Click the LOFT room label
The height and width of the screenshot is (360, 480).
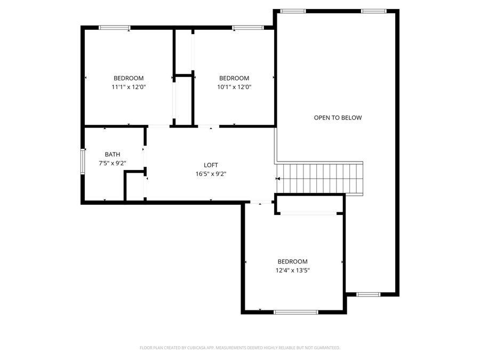point(211,165)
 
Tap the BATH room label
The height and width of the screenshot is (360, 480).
point(113,154)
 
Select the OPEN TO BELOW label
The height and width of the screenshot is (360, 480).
point(338,117)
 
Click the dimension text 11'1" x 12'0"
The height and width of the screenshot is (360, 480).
point(128,87)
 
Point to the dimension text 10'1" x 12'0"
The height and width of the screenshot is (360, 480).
point(234,87)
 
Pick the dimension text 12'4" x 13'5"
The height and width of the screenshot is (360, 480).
point(292,270)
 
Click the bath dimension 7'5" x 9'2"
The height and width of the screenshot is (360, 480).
point(113,163)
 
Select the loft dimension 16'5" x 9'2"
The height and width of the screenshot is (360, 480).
point(211,174)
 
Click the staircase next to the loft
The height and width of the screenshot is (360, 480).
point(320,178)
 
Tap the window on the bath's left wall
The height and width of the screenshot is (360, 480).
point(83,161)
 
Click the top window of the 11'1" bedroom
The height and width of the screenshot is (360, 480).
point(115,27)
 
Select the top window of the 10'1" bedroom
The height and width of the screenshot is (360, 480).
point(248,27)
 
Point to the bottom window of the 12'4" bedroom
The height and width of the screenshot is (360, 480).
point(295,312)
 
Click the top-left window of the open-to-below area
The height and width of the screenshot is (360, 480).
point(293,11)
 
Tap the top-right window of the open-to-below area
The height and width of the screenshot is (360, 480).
point(373,11)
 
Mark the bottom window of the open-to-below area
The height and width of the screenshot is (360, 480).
point(368,294)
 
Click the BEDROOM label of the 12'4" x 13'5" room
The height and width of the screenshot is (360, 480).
point(292,261)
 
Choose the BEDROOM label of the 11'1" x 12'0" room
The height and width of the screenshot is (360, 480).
point(128,78)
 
